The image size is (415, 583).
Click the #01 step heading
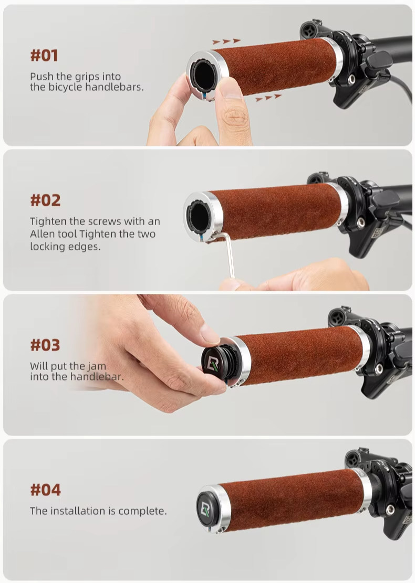(x=44, y=56)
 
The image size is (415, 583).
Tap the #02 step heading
(x=45, y=200)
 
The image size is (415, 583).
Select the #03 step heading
(x=45, y=345)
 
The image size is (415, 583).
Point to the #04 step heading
(x=45, y=490)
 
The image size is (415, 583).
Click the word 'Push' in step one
(x=41, y=76)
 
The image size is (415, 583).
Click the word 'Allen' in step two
(x=42, y=234)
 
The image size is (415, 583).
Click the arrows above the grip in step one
(x=226, y=41)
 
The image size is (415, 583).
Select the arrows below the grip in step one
(x=268, y=98)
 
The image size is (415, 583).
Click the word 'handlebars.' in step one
(x=115, y=87)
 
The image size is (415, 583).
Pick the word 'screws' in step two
(x=105, y=221)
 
